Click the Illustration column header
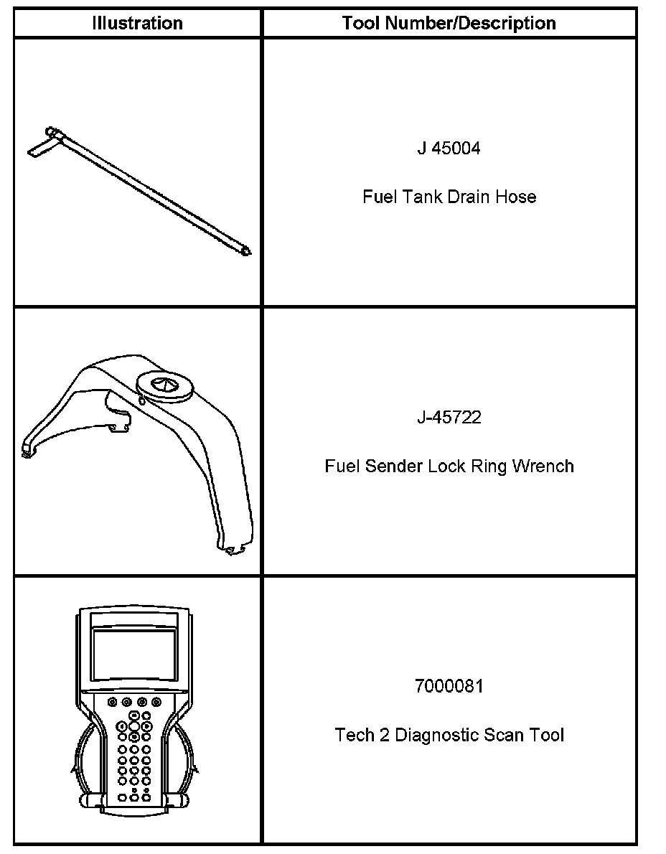137,23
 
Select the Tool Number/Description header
449,23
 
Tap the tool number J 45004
449,149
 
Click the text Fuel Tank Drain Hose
449,197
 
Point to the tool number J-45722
449,418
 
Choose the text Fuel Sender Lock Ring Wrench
449,466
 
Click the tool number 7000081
449,687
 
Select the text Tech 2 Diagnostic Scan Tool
449,735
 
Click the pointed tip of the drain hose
247,251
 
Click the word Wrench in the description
548,466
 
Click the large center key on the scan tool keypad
135,726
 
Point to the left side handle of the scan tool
86,761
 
